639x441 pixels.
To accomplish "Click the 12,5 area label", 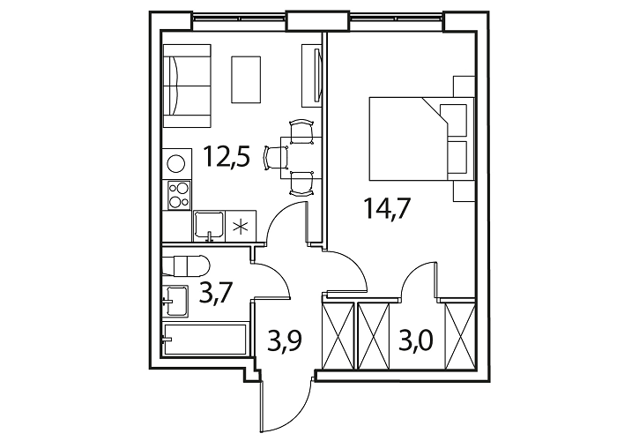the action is (227, 157).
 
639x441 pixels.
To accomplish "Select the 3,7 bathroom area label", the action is (215, 293).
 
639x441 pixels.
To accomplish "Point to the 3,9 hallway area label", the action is (285, 340).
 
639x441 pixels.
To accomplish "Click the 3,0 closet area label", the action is (415, 340).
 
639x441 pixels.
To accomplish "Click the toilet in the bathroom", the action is (186, 265).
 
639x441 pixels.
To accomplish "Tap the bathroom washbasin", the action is (175, 301).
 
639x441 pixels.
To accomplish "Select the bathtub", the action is (204, 339).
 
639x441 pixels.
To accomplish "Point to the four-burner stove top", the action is (179, 195).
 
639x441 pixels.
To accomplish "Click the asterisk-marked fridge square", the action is (241, 226).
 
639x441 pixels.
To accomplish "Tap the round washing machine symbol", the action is (176, 163).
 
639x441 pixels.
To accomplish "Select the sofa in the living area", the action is (187, 86).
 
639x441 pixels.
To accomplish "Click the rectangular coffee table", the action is (246, 79).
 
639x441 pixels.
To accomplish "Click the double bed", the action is (422, 138).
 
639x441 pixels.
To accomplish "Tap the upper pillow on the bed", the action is (453, 120).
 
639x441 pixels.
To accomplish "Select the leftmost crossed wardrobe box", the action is (338, 336).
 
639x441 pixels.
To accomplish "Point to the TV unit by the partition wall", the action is (312, 76).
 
